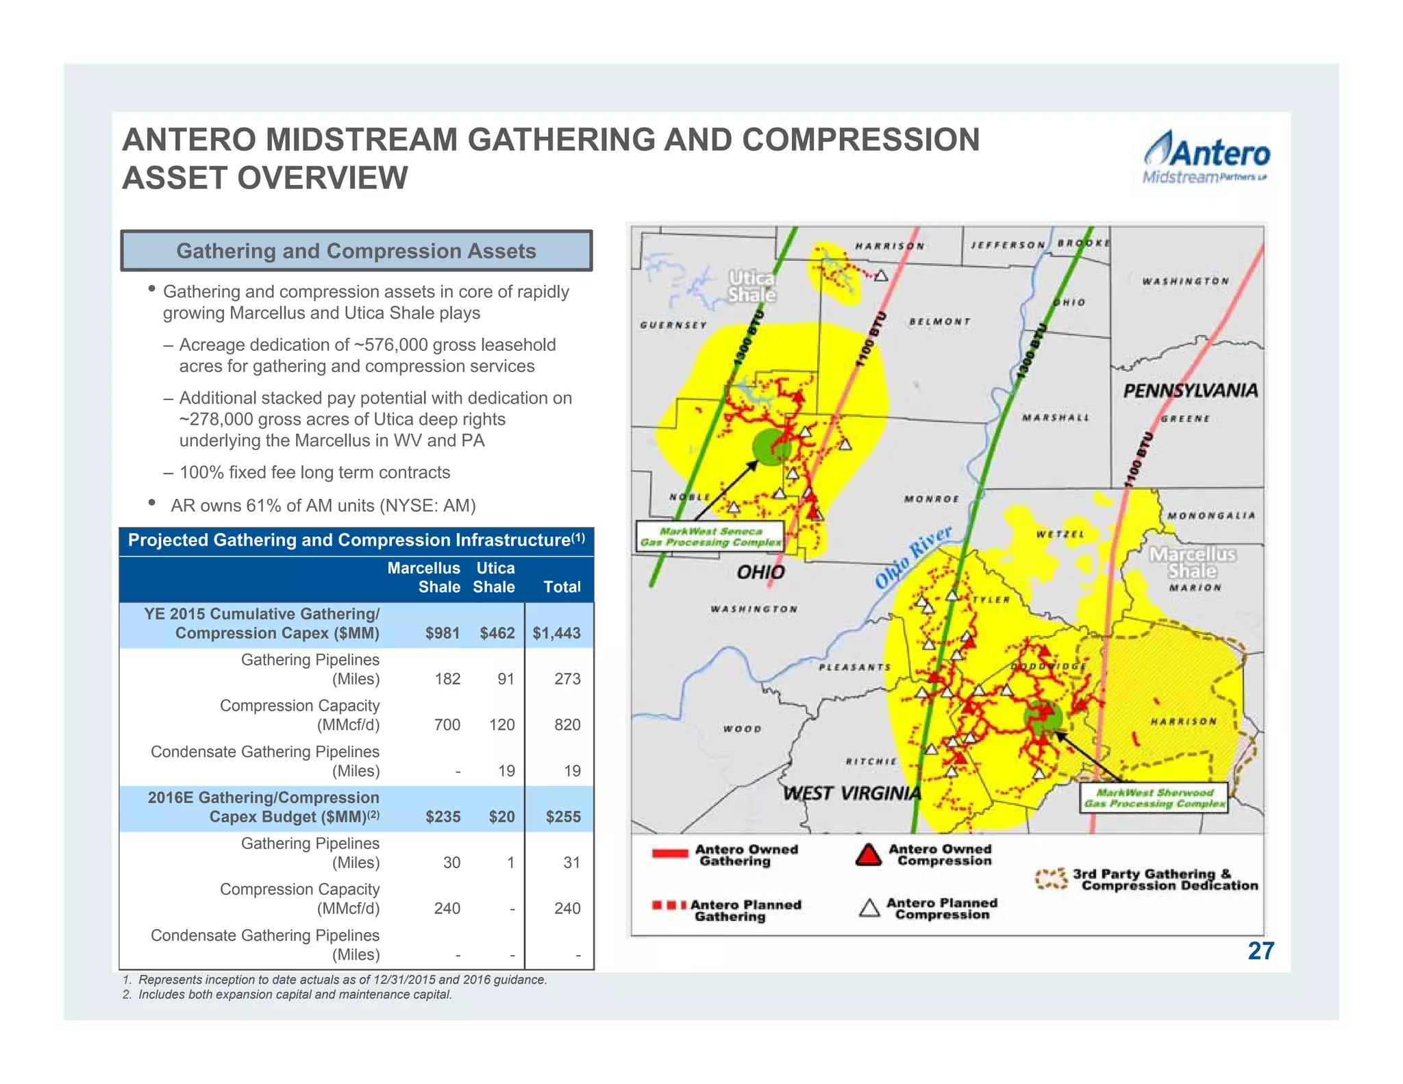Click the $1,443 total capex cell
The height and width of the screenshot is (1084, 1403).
pyautogui.click(x=556, y=633)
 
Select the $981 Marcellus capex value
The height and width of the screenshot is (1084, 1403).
pyautogui.click(x=442, y=633)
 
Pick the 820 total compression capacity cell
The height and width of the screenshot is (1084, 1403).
pyautogui.click(x=567, y=725)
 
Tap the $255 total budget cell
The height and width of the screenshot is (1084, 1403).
pyautogui.click(x=563, y=817)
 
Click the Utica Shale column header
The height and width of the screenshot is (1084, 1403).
pyautogui.click(x=494, y=578)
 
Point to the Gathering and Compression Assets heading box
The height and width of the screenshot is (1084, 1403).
pyautogui.click(x=356, y=251)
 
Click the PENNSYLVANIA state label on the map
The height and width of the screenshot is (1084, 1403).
pyautogui.click(x=1190, y=391)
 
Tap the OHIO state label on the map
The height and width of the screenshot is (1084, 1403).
pyautogui.click(x=760, y=572)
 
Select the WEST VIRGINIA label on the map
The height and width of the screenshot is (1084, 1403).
pyautogui.click(x=852, y=793)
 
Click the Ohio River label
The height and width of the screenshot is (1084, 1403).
pyautogui.click(x=913, y=558)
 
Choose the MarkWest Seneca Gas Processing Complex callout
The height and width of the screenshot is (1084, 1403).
pyautogui.click(x=710, y=537)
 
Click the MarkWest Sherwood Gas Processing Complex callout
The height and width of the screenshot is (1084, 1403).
pyautogui.click(x=1154, y=798)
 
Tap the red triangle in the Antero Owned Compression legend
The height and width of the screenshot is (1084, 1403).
pyautogui.click(x=869, y=855)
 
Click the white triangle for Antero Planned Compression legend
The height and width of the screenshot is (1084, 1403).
pyautogui.click(x=869, y=909)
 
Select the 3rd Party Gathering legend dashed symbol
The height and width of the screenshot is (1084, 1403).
pyautogui.click(x=1051, y=879)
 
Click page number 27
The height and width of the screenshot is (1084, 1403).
pyautogui.click(x=1261, y=951)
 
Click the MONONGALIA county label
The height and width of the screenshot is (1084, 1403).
pyautogui.click(x=1211, y=516)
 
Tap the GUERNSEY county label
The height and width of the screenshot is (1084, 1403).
pyautogui.click(x=673, y=325)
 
